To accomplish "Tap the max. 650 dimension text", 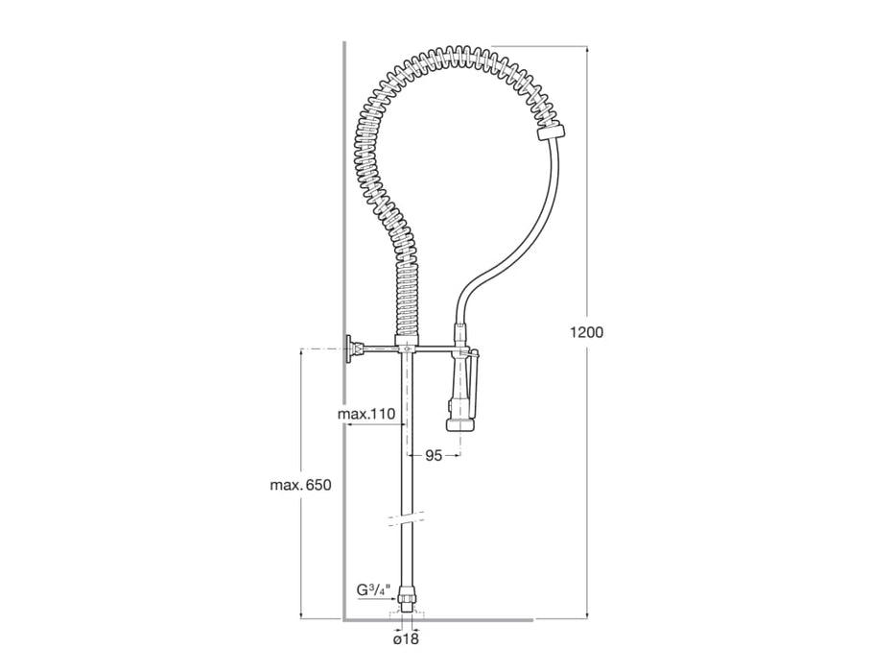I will click(x=300, y=485).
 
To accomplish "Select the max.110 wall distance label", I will click(x=366, y=414).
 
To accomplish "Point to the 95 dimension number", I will click(x=434, y=456).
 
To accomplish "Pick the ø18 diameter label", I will click(x=406, y=637).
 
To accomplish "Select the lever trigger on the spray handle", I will click(x=476, y=369).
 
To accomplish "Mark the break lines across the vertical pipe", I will click(x=406, y=519).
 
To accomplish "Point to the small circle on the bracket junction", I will click(x=408, y=350).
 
